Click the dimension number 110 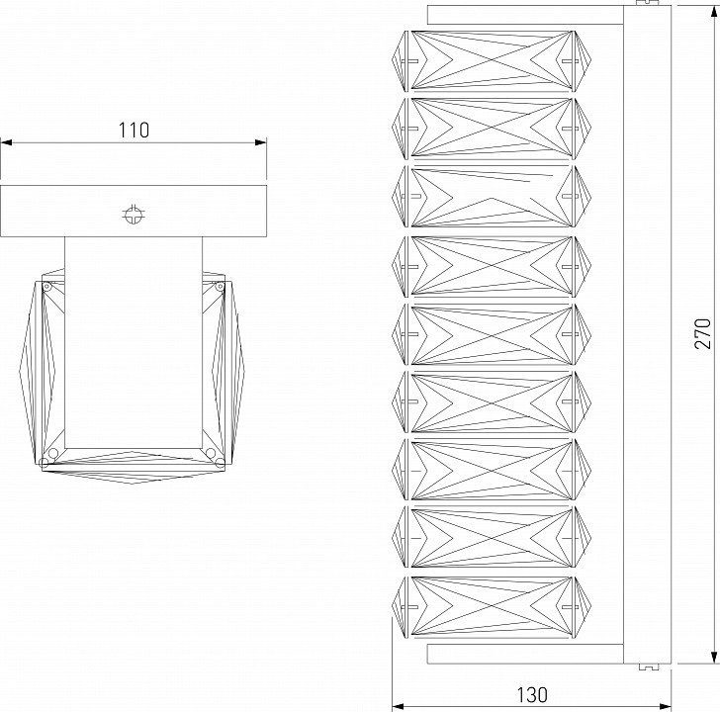pyautogui.click(x=134, y=130)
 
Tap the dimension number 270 pyautogui.click(x=702, y=333)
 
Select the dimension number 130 pyautogui.click(x=532, y=695)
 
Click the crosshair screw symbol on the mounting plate pyautogui.click(x=134, y=214)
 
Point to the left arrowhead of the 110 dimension pyautogui.click(x=6, y=142)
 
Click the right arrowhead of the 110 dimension pyautogui.click(x=260, y=142)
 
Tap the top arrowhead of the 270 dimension pyautogui.click(x=714, y=12)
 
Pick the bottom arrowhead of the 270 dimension pyautogui.click(x=714, y=658)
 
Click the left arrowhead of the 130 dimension pyautogui.click(x=399, y=706)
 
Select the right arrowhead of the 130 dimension pyautogui.click(x=665, y=706)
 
